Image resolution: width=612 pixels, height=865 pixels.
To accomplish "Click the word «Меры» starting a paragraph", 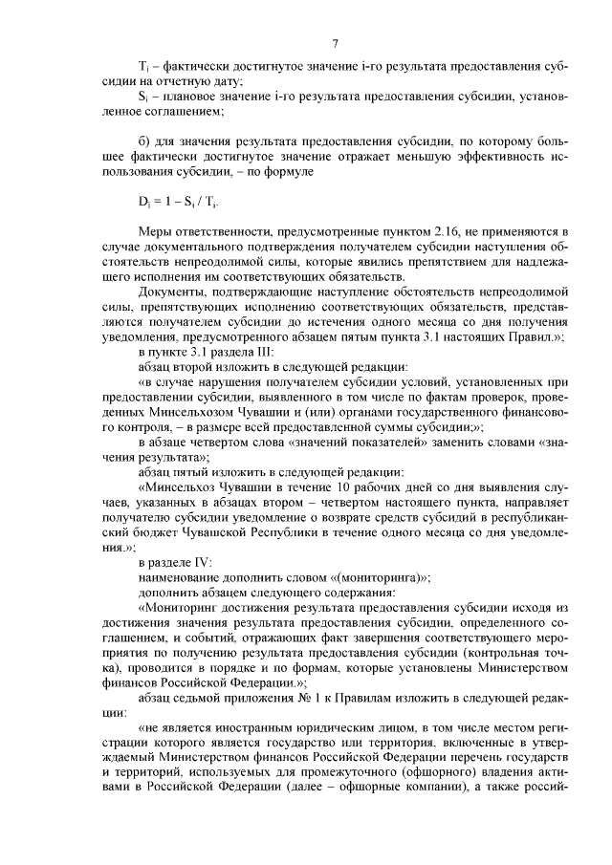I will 156,231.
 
